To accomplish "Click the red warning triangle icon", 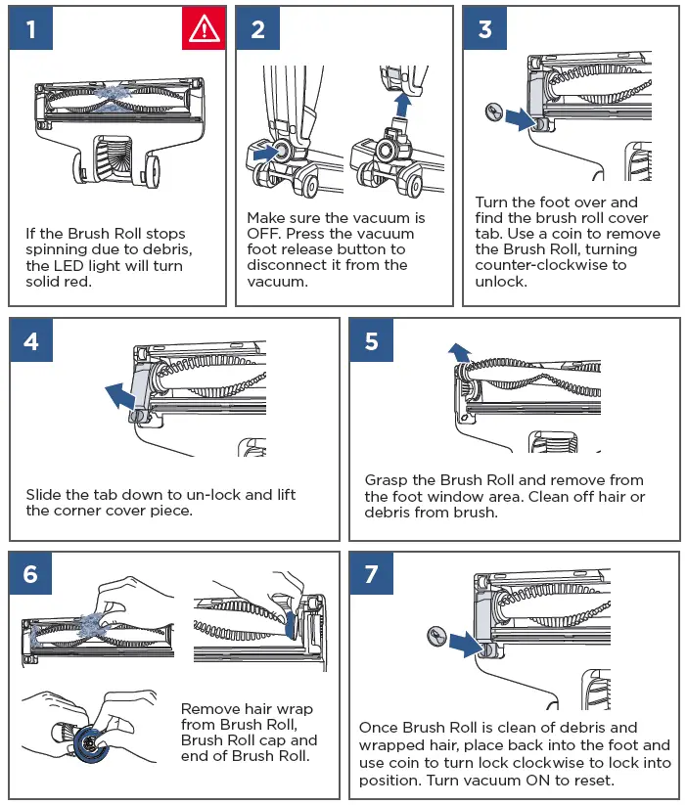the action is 204,28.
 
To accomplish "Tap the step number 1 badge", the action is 31,28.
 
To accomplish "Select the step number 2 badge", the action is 258,28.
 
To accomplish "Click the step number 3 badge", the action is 485,28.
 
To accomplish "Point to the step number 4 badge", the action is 31,340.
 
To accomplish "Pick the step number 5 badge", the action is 372,340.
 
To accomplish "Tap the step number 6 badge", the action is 31,573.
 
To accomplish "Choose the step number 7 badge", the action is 372,573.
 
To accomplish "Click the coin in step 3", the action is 494,112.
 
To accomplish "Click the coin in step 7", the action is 436,637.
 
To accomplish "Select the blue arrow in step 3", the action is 521,118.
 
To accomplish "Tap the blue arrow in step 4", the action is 121,396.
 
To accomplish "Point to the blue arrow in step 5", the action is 459,353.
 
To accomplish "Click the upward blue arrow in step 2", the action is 402,105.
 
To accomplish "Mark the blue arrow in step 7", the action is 466,645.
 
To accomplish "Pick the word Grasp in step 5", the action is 386,481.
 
